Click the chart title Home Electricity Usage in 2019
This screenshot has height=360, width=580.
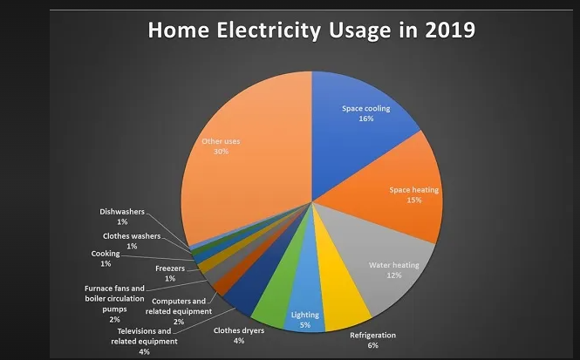[x=310, y=30]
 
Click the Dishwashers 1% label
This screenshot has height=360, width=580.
[x=121, y=216]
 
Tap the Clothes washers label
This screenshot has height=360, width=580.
[x=132, y=241]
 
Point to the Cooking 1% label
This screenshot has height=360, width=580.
[x=106, y=258]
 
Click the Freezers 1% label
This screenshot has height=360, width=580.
[x=170, y=273]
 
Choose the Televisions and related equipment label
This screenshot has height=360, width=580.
[x=144, y=342]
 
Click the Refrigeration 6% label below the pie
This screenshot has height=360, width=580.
[x=372, y=340]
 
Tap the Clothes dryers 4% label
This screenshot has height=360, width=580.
[x=237, y=335]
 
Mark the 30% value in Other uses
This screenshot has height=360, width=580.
[x=221, y=151]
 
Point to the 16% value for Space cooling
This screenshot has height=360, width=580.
[x=366, y=119]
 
